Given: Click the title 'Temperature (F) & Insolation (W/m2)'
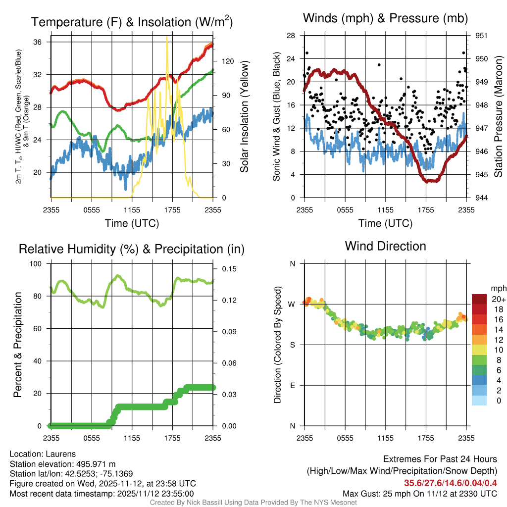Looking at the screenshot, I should click(x=132, y=22).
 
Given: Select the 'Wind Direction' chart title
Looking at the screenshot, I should click(x=385, y=246).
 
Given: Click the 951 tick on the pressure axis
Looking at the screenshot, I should click(x=482, y=36).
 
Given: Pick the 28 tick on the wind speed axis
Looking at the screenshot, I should click(x=291, y=36).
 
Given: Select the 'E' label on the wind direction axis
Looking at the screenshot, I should click(x=292, y=385).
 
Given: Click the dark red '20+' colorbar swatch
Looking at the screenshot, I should click(x=479, y=299).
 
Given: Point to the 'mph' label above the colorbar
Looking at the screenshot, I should click(x=498, y=288).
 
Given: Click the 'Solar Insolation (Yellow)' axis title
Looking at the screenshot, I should click(x=244, y=117).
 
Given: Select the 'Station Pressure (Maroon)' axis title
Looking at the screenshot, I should click(x=499, y=117).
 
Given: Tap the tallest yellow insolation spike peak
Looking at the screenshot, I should click(x=167, y=38).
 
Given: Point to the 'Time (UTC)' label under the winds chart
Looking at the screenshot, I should click(x=385, y=223).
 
